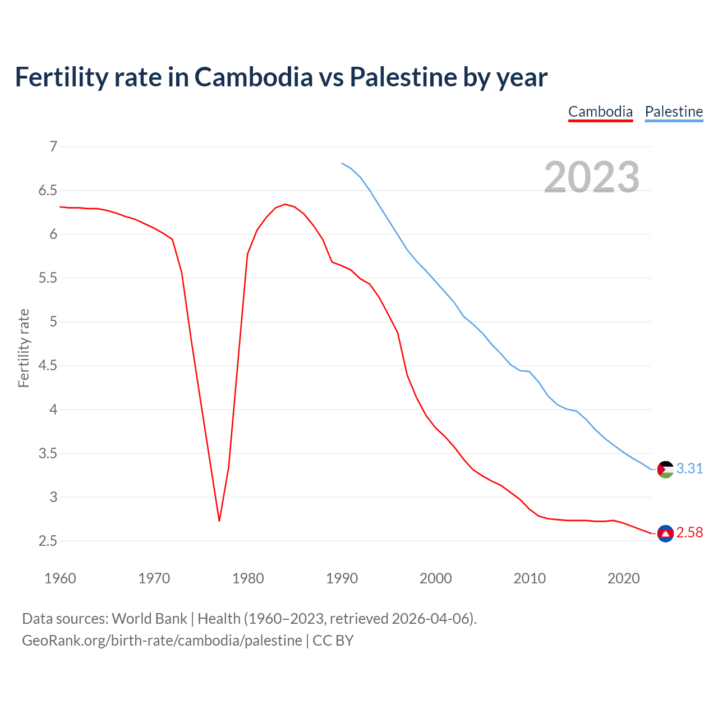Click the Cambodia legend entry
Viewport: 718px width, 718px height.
pyautogui.click(x=600, y=112)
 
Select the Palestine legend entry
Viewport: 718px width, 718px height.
pyautogui.click(x=674, y=112)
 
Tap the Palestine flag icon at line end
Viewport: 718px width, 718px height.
pyautogui.click(x=665, y=469)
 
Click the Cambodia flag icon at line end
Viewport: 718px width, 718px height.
pyautogui.click(x=665, y=533)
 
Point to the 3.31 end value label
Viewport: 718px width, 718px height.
pyautogui.click(x=689, y=468)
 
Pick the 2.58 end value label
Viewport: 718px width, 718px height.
pyautogui.click(x=689, y=533)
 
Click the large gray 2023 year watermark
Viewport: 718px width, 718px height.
pyautogui.click(x=592, y=177)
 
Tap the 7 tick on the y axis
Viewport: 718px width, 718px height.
pyautogui.click(x=53, y=147)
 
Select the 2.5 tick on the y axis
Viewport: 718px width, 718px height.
pyautogui.click(x=48, y=541)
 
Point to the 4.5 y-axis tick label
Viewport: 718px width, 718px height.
pyautogui.click(x=48, y=366)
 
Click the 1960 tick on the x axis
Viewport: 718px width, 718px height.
pyautogui.click(x=60, y=578)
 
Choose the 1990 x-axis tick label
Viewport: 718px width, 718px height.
pyautogui.click(x=342, y=578)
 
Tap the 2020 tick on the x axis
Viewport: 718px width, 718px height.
pyautogui.click(x=623, y=578)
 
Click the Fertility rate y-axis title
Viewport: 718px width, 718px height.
pyautogui.click(x=24, y=348)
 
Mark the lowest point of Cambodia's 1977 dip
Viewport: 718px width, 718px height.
pyautogui.click(x=219, y=521)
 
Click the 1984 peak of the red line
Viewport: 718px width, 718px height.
pyautogui.click(x=285, y=204)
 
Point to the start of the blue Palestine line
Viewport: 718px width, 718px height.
pyautogui.click(x=342, y=163)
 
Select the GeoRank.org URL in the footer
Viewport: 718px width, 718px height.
pyautogui.click(x=162, y=641)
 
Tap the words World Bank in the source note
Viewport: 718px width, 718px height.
pyautogui.click(x=149, y=619)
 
